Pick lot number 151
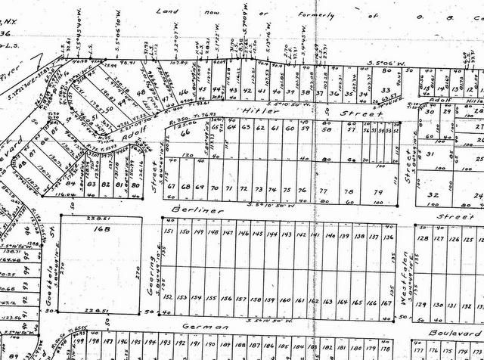coord(169,231)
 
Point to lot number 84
coord(70,184)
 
